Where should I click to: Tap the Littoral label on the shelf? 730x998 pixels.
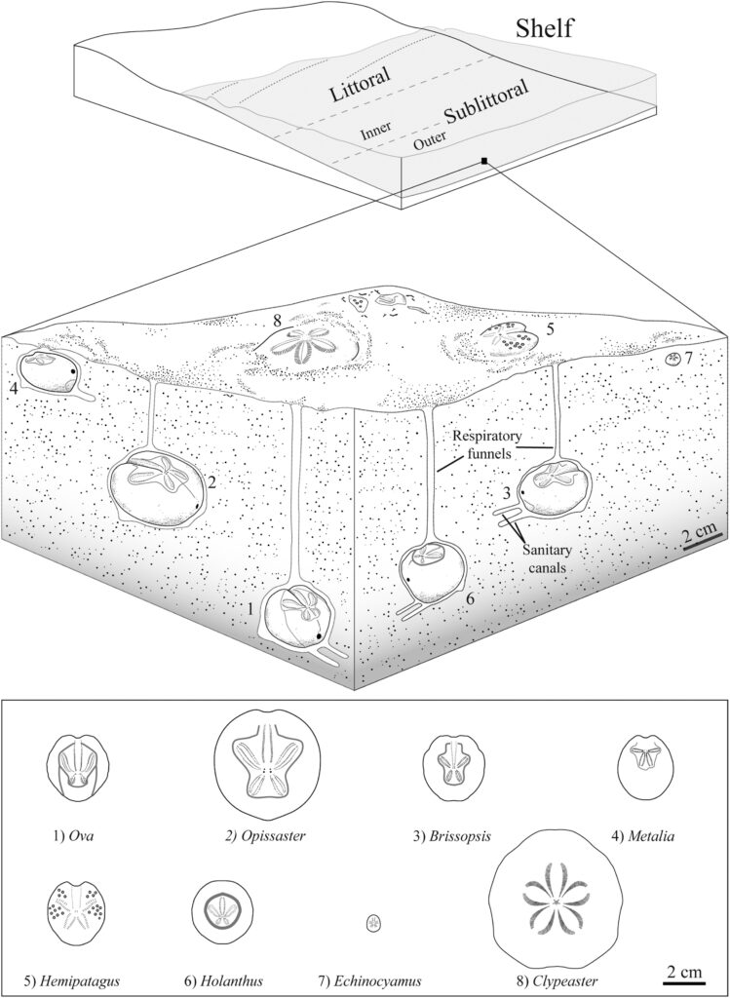pyautogui.click(x=361, y=86)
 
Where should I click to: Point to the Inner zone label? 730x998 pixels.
pyautogui.click(x=375, y=130)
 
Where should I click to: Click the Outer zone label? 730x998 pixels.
pyautogui.click(x=429, y=141)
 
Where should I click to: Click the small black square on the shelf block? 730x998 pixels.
pyautogui.click(x=483, y=161)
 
